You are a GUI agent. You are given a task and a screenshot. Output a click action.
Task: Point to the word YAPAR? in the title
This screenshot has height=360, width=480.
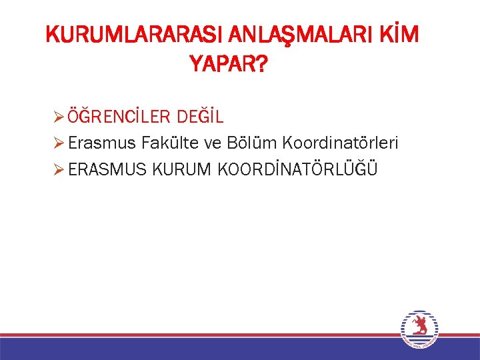(229, 65)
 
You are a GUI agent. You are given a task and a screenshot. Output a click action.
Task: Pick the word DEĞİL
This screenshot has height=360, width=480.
(201, 117)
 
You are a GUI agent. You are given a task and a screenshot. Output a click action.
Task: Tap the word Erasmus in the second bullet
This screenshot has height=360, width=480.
(102, 143)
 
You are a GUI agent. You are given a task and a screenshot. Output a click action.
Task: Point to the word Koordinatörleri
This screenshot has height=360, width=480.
(341, 143)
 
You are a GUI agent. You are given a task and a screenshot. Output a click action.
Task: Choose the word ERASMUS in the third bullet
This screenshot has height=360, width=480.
(107, 169)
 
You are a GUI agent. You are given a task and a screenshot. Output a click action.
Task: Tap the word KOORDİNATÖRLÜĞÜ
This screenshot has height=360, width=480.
(297, 169)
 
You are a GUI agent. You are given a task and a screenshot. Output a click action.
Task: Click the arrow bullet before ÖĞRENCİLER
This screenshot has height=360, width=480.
(58, 117)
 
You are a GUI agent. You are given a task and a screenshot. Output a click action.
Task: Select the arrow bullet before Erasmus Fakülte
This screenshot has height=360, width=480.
(58, 143)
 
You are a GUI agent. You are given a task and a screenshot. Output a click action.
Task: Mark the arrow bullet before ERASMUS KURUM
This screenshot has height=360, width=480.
(58, 169)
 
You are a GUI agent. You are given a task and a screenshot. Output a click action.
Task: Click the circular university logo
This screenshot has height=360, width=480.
(420, 329)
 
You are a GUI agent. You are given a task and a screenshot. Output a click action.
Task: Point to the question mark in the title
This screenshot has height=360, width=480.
(262, 65)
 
